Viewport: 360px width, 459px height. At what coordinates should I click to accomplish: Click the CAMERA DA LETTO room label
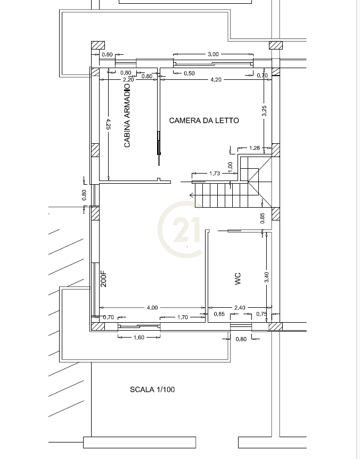pos(204,120)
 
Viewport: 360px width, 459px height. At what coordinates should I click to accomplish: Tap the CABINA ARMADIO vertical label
pos(127,116)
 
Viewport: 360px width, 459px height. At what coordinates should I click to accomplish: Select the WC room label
pos(238,278)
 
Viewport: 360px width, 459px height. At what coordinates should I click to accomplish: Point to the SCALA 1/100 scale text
pos(152,389)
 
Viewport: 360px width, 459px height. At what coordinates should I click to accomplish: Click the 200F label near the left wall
pos(104,279)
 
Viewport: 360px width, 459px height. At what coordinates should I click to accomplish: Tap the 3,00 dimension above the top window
pos(213,54)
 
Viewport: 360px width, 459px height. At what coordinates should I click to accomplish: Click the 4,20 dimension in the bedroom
pos(216,80)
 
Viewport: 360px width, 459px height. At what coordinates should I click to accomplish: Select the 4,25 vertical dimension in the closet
pos(108,124)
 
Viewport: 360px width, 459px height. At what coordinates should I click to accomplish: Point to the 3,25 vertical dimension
pos(264,111)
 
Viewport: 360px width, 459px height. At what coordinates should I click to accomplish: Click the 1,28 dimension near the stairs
pos(255,148)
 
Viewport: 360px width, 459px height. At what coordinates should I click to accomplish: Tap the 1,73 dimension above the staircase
pos(215,173)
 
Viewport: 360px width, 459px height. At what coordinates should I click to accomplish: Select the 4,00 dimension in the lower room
pos(152,307)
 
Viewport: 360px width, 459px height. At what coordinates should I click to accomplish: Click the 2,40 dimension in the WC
pos(240,307)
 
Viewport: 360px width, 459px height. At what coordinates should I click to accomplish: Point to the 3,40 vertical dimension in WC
pos(266,277)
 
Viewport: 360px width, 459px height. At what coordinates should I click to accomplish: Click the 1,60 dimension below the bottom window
pos(139,337)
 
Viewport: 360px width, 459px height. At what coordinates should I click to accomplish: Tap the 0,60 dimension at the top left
pos(107,54)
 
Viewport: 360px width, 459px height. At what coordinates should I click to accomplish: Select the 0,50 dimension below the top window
pos(189,73)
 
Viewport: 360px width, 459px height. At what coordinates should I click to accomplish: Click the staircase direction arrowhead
pos(192,195)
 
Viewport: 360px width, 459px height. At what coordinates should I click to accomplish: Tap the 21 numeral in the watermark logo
pos(186,229)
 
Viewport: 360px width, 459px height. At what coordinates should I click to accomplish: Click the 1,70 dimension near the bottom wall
pos(183,317)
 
